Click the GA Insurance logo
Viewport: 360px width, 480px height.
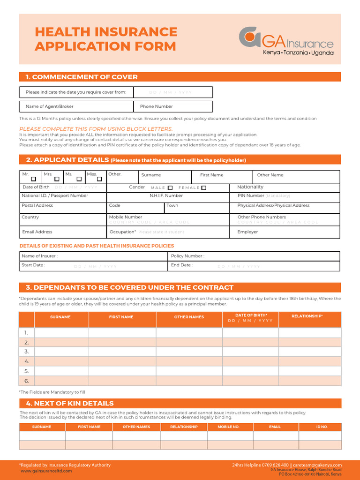tap(286, 41)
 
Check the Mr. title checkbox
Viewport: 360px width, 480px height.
tap(33, 179)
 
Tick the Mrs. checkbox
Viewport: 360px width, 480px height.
tap(57, 179)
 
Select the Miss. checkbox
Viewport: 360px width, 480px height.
tap(99, 179)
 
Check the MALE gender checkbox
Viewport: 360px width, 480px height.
tap(170, 187)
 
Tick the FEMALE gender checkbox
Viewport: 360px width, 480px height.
tap(203, 187)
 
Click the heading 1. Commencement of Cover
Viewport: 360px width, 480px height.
tap(82, 77)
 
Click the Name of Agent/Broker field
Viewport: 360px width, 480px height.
tap(76, 106)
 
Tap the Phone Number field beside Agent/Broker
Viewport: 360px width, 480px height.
tap(173, 106)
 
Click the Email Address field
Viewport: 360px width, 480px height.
tap(63, 232)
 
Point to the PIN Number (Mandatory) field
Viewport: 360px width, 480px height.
tap(285, 196)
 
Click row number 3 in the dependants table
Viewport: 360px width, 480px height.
tap(27, 352)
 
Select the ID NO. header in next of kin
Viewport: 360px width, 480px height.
tap(322, 427)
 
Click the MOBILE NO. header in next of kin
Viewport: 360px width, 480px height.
tap(229, 427)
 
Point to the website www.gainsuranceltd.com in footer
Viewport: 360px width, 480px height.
tap(46, 471)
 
